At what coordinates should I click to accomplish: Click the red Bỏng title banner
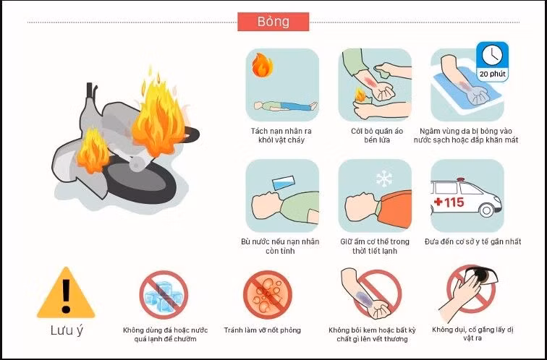click(x=273, y=22)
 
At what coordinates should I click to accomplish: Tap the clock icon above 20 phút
click(x=492, y=56)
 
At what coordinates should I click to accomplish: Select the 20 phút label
click(x=492, y=74)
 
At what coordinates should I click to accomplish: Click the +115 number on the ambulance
click(x=449, y=202)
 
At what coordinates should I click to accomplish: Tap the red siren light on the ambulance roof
click(x=461, y=180)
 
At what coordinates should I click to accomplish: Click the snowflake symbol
click(x=384, y=179)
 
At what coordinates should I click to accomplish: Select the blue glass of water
click(x=284, y=183)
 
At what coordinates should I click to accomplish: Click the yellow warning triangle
click(x=66, y=293)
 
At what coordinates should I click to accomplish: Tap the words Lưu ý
click(x=67, y=331)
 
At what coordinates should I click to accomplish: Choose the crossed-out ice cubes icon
click(x=164, y=295)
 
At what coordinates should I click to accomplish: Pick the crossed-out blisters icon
click(x=268, y=295)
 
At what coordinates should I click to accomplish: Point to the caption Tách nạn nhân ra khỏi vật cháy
click(x=281, y=136)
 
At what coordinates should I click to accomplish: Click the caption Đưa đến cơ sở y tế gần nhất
click(x=472, y=241)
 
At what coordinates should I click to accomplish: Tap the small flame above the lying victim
click(x=263, y=65)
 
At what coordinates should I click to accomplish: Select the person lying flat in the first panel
click(x=285, y=106)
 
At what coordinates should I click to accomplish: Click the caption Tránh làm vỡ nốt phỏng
click(x=263, y=330)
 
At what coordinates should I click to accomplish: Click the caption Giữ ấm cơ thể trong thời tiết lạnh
click(x=375, y=246)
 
